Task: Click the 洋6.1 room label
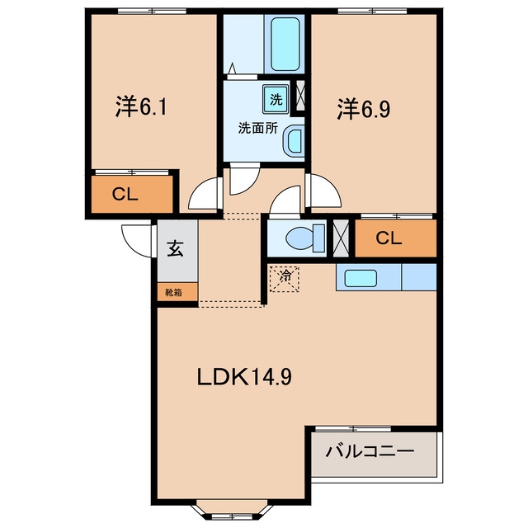[141, 106]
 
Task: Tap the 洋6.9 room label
[364, 109]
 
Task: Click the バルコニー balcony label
[370, 451]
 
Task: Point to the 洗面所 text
[258, 128]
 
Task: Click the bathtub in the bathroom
[285, 44]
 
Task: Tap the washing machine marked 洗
[276, 99]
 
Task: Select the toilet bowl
[305, 238]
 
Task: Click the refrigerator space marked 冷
[285, 279]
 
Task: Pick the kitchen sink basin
[361, 278]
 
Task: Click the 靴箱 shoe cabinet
[177, 292]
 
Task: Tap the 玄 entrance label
[176, 248]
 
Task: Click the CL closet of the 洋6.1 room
[132, 195]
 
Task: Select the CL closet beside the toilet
[396, 238]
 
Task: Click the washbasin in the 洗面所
[294, 141]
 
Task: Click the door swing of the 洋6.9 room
[323, 191]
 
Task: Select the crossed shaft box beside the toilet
[341, 238]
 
